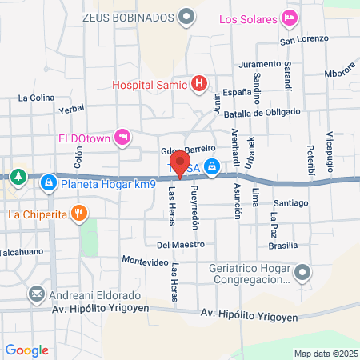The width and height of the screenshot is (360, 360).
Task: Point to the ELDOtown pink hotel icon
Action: click(x=122, y=137)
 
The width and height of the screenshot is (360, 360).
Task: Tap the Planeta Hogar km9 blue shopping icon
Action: click(x=50, y=183)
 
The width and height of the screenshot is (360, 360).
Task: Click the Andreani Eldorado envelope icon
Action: click(x=36, y=294)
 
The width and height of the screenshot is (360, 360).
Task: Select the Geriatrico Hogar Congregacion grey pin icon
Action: click(x=302, y=274)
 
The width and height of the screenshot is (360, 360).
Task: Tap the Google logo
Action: click(x=26, y=350)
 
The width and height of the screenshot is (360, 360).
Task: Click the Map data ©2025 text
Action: click(x=324, y=353)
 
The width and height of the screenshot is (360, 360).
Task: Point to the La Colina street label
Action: click(x=35, y=98)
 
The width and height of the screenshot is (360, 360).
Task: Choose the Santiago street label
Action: click(x=290, y=203)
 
